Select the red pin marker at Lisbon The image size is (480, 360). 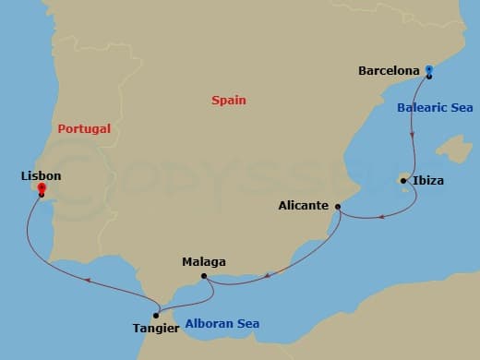[41, 189]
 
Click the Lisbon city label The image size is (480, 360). [40, 174]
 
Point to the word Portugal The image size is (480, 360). [84, 129]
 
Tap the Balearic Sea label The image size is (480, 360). [435, 107]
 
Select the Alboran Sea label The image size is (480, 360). [222, 323]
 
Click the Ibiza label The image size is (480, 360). [429, 181]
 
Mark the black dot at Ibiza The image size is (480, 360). [403, 180]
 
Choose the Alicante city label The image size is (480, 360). [305, 206]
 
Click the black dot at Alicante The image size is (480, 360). [338, 206]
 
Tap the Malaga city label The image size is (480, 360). [204, 262]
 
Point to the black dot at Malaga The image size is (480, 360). [203, 275]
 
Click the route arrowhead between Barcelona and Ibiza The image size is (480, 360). [412, 135]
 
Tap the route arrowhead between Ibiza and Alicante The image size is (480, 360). [381, 219]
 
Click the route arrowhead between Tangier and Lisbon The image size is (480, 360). [87, 279]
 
